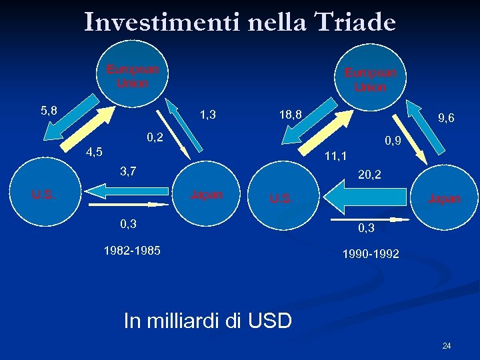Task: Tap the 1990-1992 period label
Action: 371,254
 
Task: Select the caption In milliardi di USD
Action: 207,321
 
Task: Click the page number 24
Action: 446,345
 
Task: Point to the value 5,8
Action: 49,110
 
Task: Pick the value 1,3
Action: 207,115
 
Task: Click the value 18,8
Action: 291,115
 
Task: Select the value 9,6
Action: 446,118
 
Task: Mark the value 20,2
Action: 369,175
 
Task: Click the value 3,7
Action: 128,171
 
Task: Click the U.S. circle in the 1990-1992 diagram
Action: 281,198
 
